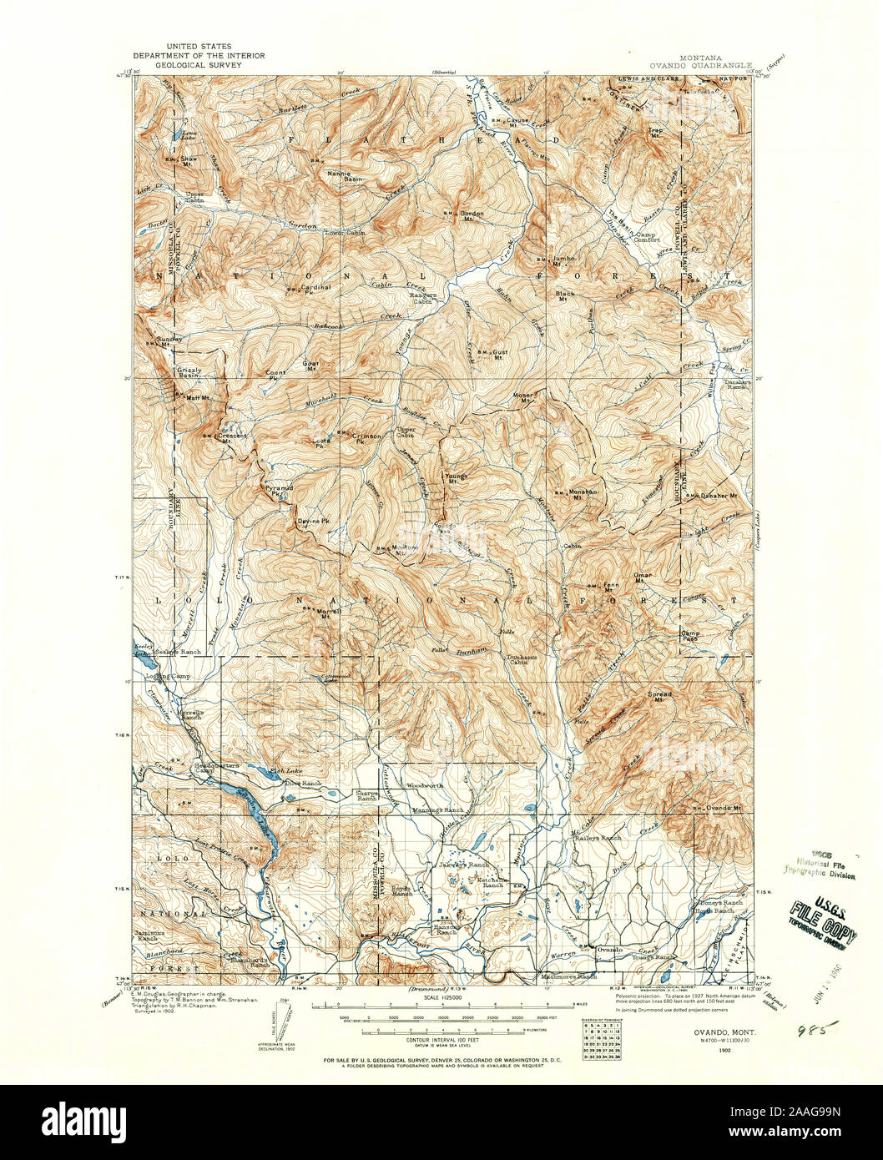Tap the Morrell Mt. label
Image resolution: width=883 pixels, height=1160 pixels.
click(x=330, y=612)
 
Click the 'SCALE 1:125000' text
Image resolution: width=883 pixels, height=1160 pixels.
click(x=442, y=996)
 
